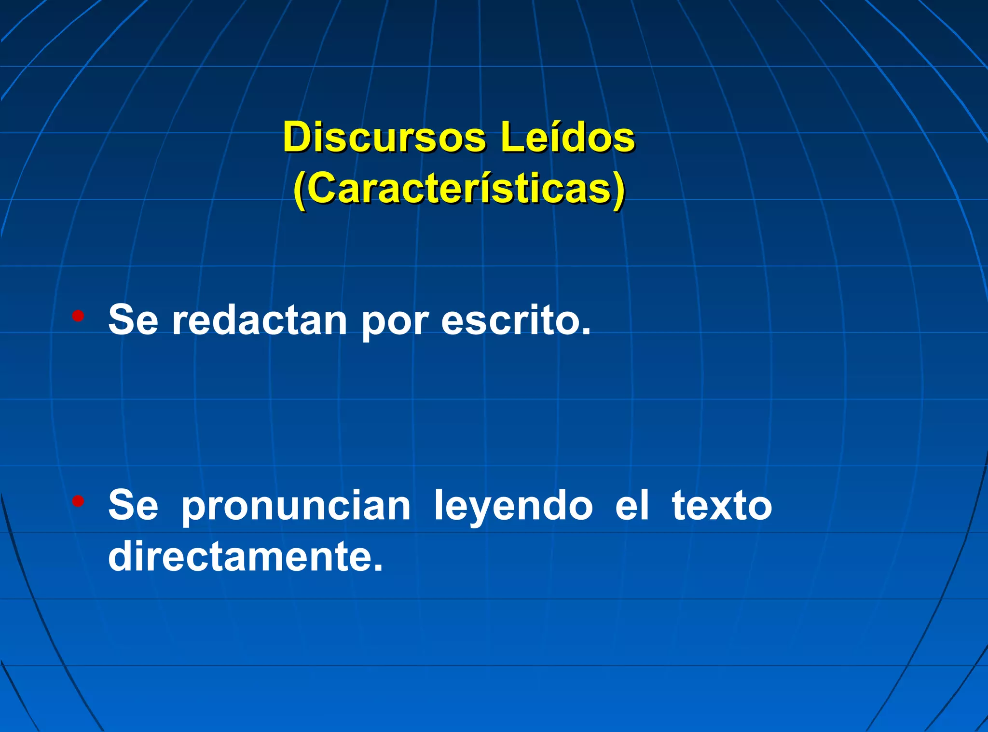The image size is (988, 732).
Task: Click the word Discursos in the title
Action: [384, 138]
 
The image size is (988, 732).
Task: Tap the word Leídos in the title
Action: [567, 138]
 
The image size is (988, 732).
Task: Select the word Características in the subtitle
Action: [459, 189]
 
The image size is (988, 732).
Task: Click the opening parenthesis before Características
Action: [300, 191]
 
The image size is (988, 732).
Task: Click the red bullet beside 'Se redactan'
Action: [78, 317]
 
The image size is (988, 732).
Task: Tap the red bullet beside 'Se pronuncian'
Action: [78, 501]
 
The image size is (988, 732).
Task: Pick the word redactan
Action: [260, 320]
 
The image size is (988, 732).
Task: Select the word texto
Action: [722, 506]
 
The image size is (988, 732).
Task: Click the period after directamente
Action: [378, 568]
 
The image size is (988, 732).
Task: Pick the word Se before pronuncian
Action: [133, 506]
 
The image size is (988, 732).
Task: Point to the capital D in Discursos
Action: [296, 138]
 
